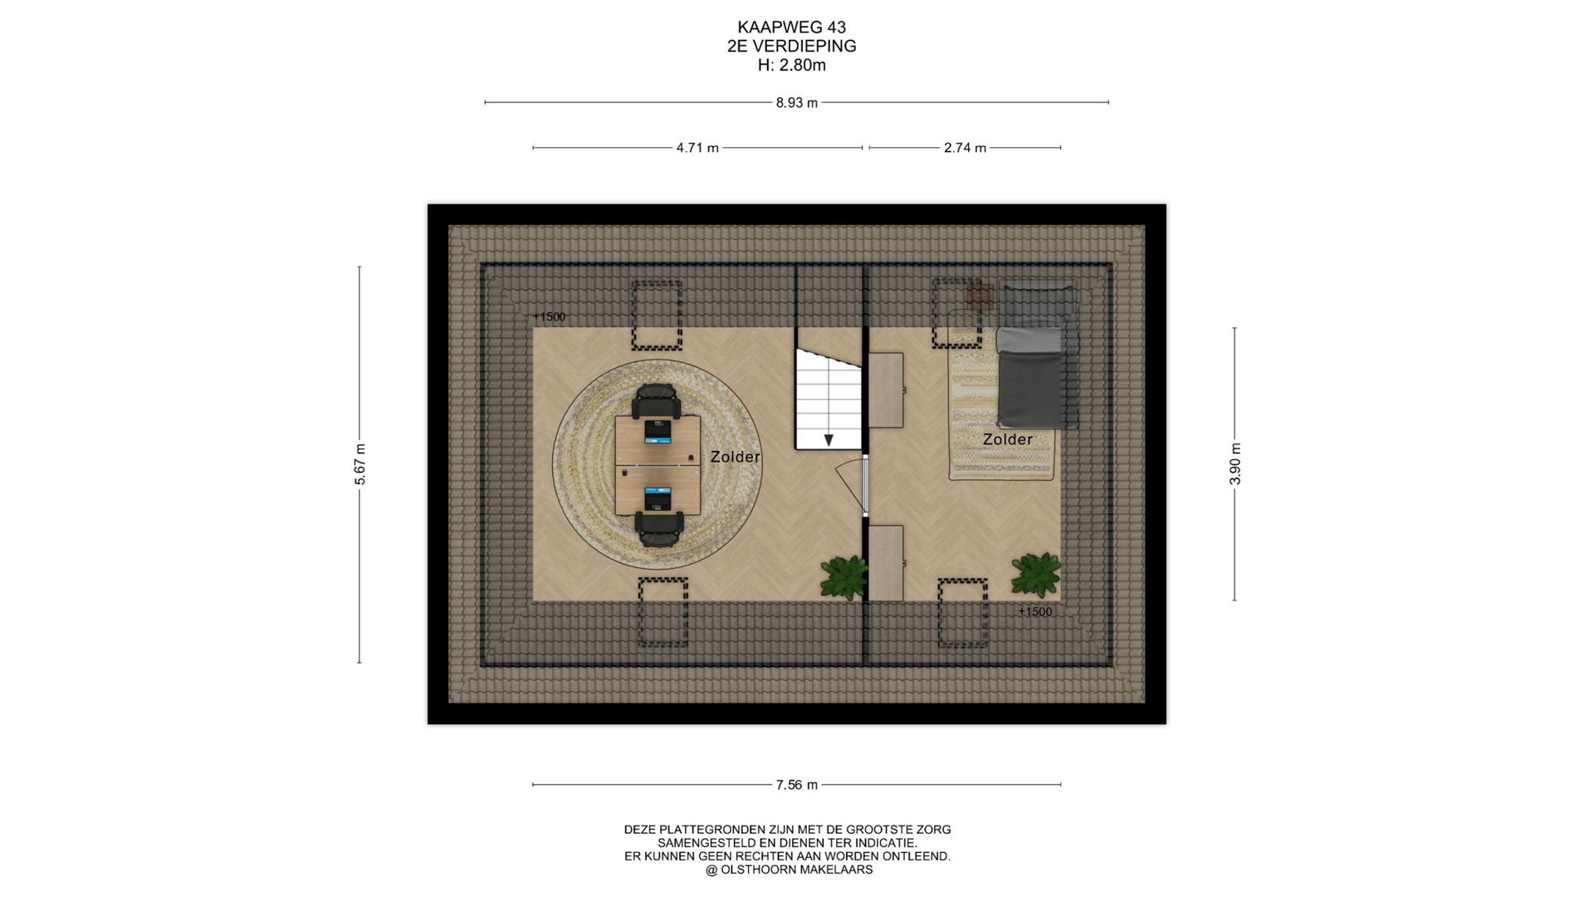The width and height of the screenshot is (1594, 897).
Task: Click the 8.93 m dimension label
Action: click(x=797, y=103)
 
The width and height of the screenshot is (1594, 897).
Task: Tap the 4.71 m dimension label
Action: click(x=697, y=148)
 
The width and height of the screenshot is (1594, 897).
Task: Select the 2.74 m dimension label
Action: click(x=965, y=148)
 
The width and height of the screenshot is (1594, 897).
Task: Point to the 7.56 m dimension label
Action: click(x=797, y=785)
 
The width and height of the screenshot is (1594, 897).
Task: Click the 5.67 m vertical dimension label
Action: click(x=359, y=464)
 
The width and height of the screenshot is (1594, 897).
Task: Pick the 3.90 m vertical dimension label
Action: click(x=1235, y=464)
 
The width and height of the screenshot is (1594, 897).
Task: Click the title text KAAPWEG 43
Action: click(x=792, y=27)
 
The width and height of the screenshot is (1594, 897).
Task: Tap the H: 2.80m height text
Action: click(x=792, y=65)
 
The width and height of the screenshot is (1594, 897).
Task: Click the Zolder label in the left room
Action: click(x=736, y=457)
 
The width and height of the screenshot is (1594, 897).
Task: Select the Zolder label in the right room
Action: click(x=1008, y=439)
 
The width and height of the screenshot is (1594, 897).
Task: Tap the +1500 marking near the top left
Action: click(x=549, y=316)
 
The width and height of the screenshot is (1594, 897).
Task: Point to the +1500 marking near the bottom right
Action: click(x=1035, y=612)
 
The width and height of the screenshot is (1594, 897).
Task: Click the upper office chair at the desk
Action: click(x=657, y=401)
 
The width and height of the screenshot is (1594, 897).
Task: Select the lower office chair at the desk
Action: click(x=660, y=529)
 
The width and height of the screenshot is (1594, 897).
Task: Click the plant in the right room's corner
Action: click(x=1036, y=575)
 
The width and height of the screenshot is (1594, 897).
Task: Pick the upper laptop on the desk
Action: click(x=658, y=431)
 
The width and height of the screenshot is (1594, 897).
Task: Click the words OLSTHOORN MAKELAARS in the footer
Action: click(x=797, y=870)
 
